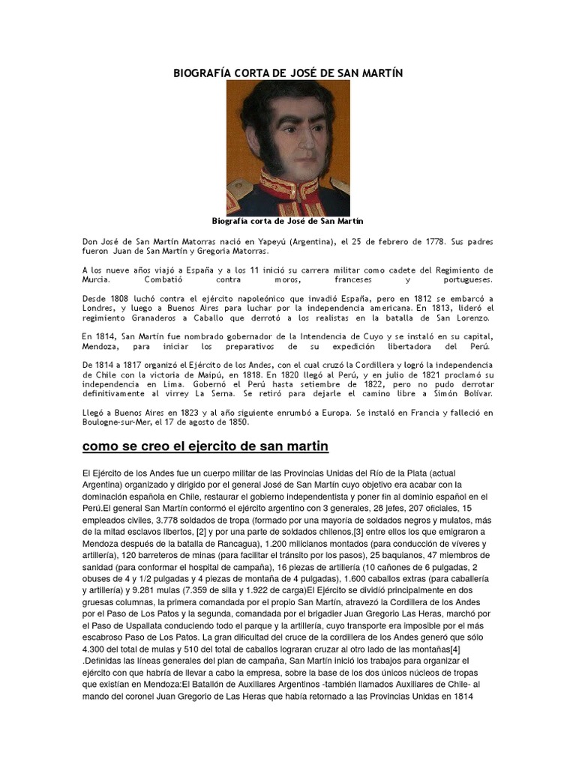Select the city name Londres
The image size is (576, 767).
point(100,308)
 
